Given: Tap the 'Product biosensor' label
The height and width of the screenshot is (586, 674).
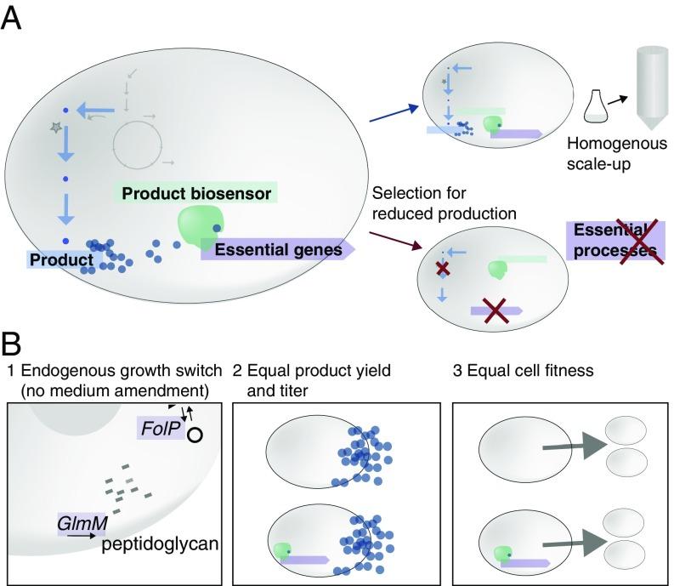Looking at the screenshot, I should coord(196,194).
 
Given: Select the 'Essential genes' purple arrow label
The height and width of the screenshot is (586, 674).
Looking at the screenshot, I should coord(277,250).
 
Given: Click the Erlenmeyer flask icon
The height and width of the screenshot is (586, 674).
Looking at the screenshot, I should coord(598,105).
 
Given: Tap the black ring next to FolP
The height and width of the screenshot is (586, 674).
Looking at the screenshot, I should coord(195,435).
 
